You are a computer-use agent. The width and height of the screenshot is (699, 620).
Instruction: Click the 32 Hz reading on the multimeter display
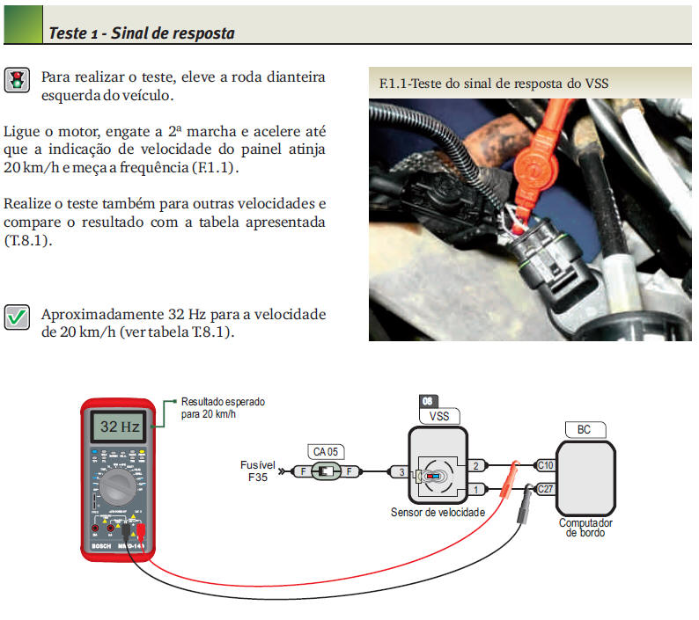pyautogui.click(x=120, y=428)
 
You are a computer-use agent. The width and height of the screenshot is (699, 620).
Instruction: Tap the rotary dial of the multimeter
pyautogui.click(x=119, y=486)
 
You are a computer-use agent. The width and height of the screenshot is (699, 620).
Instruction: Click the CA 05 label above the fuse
pyautogui.click(x=325, y=451)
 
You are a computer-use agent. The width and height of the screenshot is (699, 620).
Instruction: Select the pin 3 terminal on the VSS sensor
pyautogui.click(x=401, y=472)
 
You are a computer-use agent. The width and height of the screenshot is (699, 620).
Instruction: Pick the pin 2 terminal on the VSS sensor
pyautogui.click(x=475, y=465)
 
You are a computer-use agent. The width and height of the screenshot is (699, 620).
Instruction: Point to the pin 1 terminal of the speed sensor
pyautogui.click(x=475, y=489)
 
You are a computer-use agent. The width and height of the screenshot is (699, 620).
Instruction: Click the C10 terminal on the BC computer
pyautogui.click(x=545, y=465)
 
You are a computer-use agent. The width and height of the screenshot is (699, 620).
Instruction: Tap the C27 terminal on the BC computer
pyautogui.click(x=545, y=489)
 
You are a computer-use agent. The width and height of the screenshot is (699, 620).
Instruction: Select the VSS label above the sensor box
pyautogui.click(x=438, y=416)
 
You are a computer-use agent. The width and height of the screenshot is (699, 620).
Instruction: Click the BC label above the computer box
pyautogui.click(x=584, y=430)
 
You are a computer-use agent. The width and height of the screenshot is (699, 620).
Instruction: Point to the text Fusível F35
pyautogui.click(x=258, y=471)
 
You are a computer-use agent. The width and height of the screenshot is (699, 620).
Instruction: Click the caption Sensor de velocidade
pyautogui.click(x=438, y=513)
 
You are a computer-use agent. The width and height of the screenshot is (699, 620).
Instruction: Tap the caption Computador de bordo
pyautogui.click(x=585, y=528)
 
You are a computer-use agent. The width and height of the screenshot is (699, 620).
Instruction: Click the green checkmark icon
pyautogui.click(x=17, y=317)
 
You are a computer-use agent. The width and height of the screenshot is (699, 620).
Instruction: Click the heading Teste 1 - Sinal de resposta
pyautogui.click(x=141, y=33)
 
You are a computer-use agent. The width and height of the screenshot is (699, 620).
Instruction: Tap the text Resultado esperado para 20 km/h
pyautogui.click(x=222, y=407)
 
